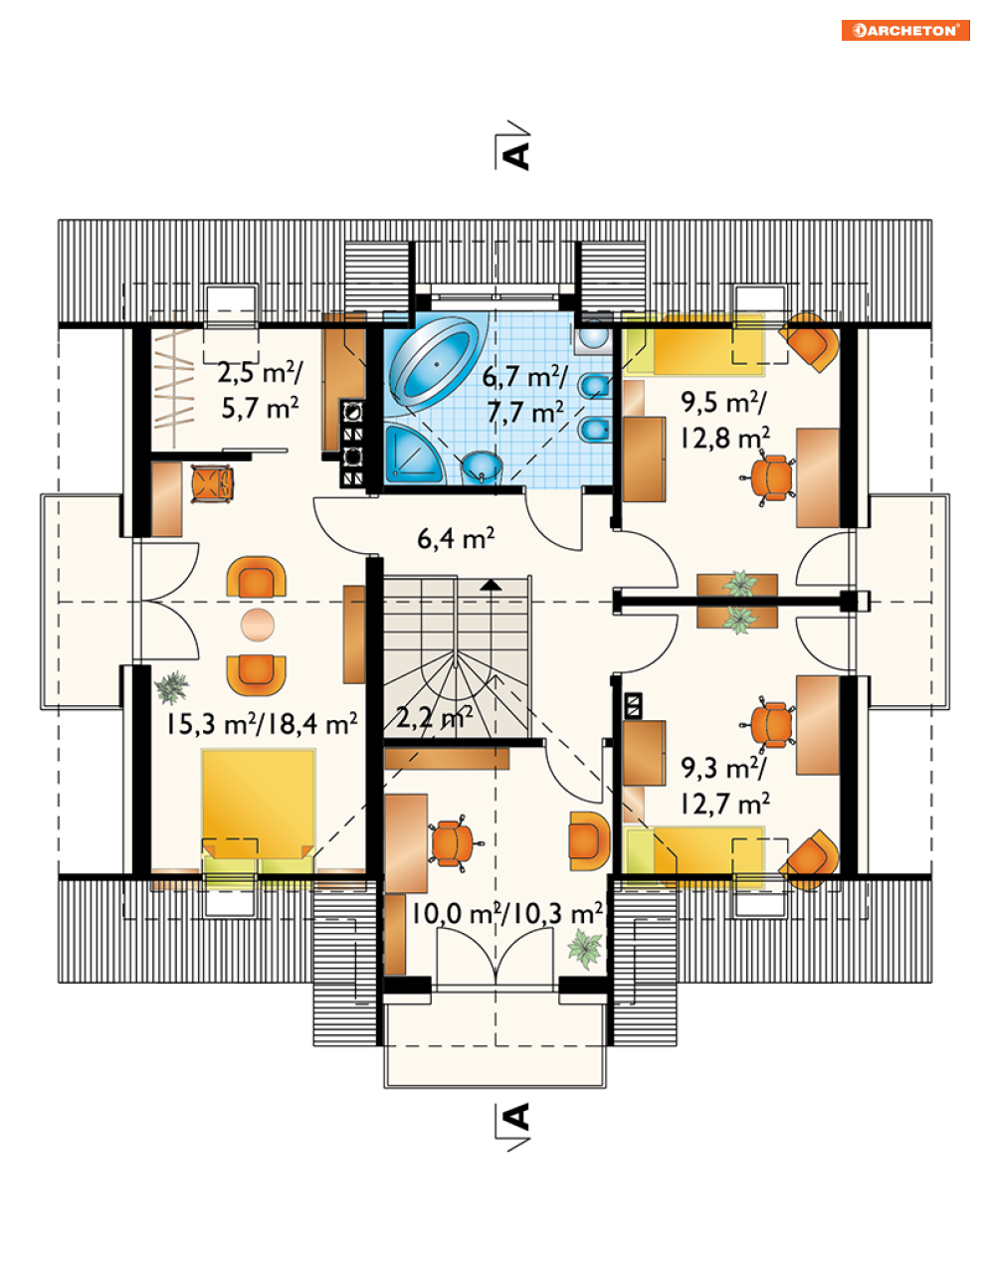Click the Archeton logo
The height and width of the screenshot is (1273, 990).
tap(905, 30)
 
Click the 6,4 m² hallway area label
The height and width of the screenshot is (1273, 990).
tap(456, 538)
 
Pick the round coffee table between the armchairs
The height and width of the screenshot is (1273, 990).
tap(257, 625)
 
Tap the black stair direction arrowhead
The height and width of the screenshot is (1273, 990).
tap(491, 584)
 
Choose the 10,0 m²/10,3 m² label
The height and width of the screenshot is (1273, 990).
tap(506, 913)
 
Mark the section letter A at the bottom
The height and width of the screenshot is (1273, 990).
tap(517, 1117)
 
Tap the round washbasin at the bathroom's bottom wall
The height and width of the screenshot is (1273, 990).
tap(483, 467)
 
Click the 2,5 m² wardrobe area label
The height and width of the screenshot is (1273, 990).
tap(260, 389)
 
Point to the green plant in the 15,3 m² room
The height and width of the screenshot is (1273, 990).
tap(172, 687)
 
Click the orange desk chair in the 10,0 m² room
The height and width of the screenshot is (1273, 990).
tap(454, 843)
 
